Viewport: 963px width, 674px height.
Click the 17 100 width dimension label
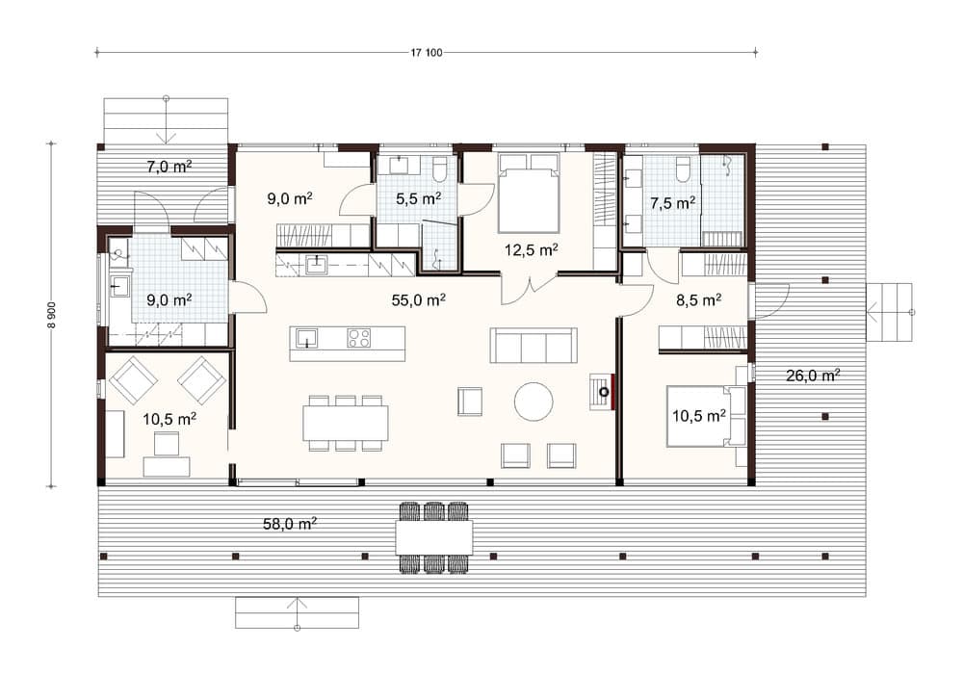pyautogui.click(x=427, y=53)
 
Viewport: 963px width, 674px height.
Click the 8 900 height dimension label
pyautogui.click(x=52, y=315)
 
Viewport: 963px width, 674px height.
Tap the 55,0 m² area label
pyautogui.click(x=418, y=299)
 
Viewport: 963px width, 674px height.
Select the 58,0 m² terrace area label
pyautogui.click(x=290, y=524)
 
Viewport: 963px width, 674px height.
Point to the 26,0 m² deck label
pyautogui.click(x=813, y=376)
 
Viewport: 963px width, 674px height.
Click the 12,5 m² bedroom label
pyautogui.click(x=532, y=249)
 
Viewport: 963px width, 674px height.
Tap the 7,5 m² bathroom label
pyautogui.click(x=672, y=202)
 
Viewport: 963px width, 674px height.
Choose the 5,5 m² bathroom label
pyautogui.click(x=418, y=198)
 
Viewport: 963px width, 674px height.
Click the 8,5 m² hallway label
pyautogui.click(x=698, y=299)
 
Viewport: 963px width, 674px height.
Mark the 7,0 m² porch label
pyautogui.click(x=169, y=166)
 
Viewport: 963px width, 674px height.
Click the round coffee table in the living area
pyautogui.click(x=534, y=402)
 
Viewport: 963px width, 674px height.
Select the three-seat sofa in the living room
pyautogui.click(x=534, y=346)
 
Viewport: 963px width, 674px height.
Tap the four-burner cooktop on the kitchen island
pyautogui.click(x=358, y=338)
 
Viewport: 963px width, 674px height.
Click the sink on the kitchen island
pyautogui.click(x=306, y=338)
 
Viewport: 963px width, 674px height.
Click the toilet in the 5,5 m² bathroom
pyautogui.click(x=439, y=168)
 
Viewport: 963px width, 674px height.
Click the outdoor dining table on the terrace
pyautogui.click(x=433, y=537)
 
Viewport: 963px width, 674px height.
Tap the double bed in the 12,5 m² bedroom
pyautogui.click(x=529, y=193)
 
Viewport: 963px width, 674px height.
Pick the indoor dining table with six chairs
pyautogui.click(x=345, y=423)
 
